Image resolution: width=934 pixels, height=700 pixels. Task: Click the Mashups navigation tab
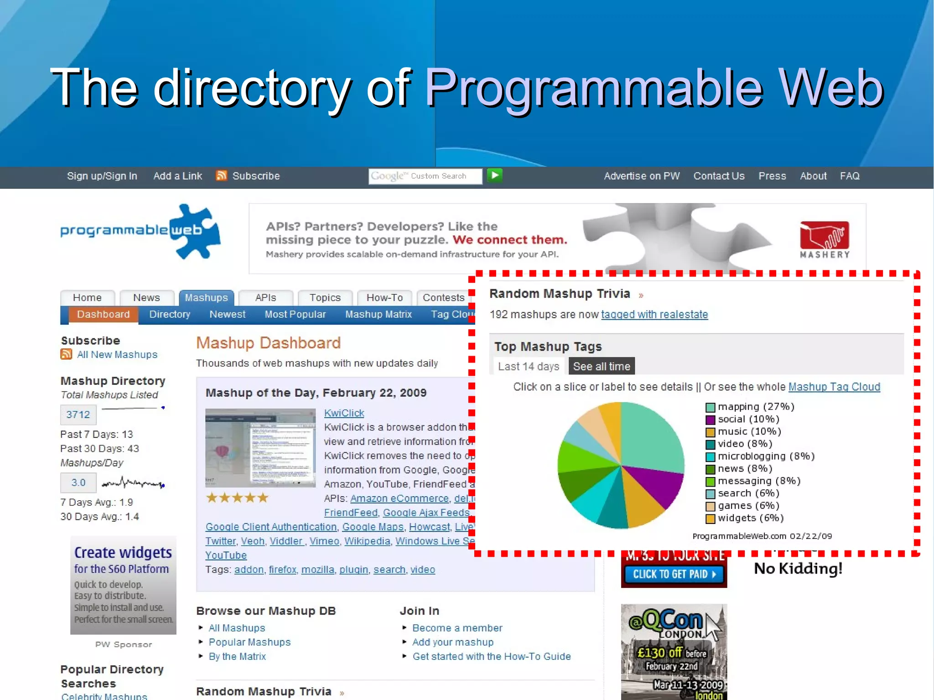tap(206, 298)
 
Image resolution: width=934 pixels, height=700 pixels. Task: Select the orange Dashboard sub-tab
tap(104, 315)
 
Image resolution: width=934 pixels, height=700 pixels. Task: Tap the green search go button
tap(495, 176)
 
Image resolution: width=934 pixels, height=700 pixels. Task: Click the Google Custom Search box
tap(425, 176)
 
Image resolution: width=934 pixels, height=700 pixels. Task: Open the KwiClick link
tap(344, 413)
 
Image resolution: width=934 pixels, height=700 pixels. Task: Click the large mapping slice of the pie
tap(652, 438)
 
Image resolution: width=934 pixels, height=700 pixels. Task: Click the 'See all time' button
tap(602, 367)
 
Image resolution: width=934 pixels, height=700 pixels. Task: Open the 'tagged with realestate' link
tap(654, 315)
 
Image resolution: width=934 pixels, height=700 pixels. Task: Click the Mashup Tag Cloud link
tap(834, 387)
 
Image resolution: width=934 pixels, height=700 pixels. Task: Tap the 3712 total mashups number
tap(78, 415)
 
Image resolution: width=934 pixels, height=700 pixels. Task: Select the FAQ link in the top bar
tap(850, 176)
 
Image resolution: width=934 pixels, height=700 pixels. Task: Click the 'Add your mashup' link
tap(453, 643)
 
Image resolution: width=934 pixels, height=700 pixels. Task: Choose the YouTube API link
tap(226, 555)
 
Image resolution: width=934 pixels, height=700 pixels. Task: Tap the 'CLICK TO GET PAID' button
tap(674, 574)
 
